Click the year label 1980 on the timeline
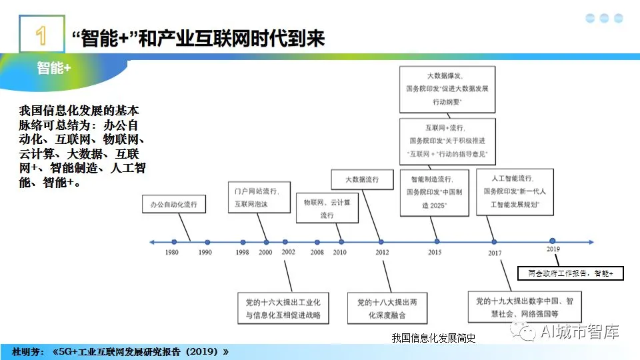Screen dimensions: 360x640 click(x=172, y=253)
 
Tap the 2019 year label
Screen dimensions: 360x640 click(x=553, y=249)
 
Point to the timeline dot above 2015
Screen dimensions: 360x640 click(x=437, y=241)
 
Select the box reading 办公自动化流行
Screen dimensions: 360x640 click(x=174, y=204)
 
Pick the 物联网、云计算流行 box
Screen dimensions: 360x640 click(x=326, y=208)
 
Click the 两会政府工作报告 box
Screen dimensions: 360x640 click(x=571, y=273)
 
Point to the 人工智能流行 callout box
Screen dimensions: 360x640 click(x=515, y=192)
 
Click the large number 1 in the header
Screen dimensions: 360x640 click(x=41, y=35)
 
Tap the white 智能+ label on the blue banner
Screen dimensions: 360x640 click(x=54, y=67)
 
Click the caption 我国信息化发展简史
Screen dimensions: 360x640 click(x=433, y=338)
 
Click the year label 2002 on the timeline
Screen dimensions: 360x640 click(x=288, y=253)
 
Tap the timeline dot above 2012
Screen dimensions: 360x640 click(x=381, y=241)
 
